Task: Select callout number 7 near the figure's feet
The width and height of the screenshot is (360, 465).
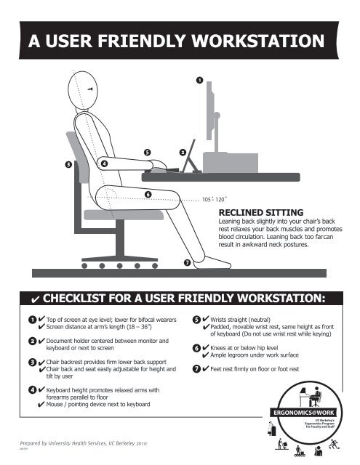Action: [x=187, y=262]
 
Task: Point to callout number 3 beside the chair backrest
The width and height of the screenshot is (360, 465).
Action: [x=68, y=165]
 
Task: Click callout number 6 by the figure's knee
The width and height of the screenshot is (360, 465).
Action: [x=148, y=194]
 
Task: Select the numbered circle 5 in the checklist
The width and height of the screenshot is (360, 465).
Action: [x=196, y=319]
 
